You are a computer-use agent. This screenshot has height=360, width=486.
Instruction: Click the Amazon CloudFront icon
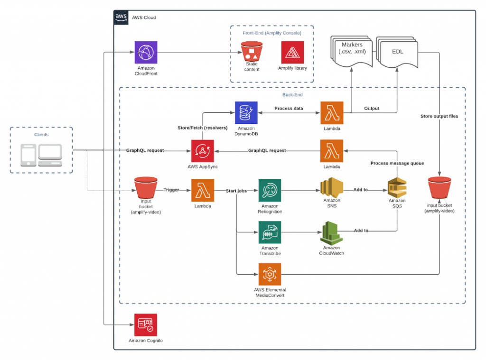pos(146,52)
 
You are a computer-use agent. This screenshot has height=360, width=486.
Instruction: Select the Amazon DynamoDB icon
pos(246,113)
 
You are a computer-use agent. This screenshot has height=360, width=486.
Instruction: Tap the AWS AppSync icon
pos(202,151)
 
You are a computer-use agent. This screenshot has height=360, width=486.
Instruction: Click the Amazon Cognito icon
pos(145,325)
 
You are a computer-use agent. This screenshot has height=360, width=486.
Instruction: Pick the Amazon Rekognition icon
pos(270,190)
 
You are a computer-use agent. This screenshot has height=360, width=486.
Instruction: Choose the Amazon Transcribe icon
pos(270,232)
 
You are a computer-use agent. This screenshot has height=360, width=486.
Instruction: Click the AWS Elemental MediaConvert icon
pos(270,274)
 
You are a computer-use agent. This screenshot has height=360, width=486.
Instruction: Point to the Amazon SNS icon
pos(332,187)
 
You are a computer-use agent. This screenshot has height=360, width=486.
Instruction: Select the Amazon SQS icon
pos(397,188)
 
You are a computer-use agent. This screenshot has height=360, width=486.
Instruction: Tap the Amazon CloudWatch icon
pos(331,233)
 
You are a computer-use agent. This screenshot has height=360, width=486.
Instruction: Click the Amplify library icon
pos(292,52)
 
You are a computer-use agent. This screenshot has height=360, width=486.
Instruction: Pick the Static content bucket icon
pos(252,51)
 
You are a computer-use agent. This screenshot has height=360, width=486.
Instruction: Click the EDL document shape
pos(397,52)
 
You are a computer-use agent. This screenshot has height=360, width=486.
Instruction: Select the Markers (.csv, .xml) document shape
pos(352,51)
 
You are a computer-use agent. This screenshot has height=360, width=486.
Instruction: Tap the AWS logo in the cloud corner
pos(121,18)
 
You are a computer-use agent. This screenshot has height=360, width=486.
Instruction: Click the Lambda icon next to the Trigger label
pos(202,190)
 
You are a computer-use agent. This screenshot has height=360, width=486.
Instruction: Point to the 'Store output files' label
pos(439,116)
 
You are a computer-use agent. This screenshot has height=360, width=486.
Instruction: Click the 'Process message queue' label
pos(397,163)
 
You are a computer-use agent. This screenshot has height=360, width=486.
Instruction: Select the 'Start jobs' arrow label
pos(236,191)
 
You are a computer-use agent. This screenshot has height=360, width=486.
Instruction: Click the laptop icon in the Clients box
pos(50,156)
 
